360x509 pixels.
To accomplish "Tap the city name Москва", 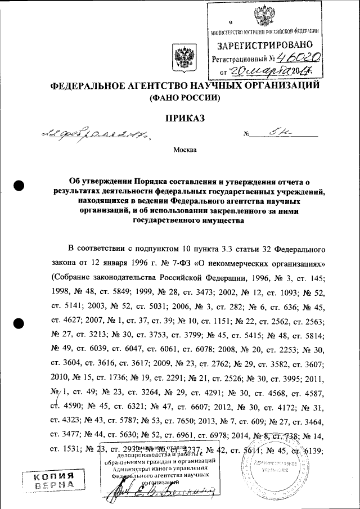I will click(184, 150).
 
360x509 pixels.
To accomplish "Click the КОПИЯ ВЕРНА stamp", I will click(55, 483).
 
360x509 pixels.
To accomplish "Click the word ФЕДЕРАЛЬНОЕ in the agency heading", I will click(90, 86).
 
